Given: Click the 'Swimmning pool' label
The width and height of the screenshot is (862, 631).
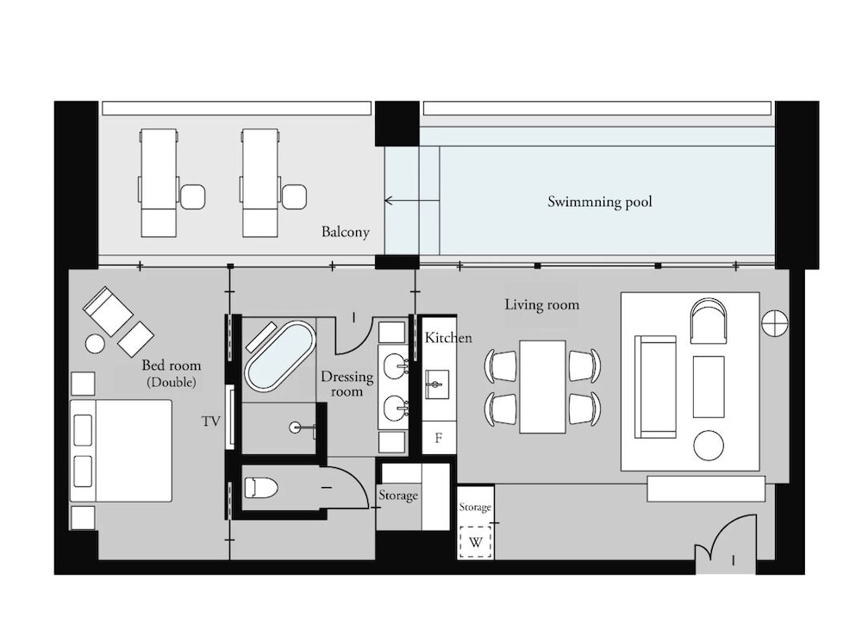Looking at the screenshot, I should point(600,202).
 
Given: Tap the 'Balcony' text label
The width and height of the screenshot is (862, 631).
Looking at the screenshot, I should point(346,232).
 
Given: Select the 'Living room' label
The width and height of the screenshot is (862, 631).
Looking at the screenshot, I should point(541,304).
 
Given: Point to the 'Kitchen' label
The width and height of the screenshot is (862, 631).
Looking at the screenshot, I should point(448,338).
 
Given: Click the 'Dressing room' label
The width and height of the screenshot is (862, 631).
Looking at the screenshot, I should point(347,384).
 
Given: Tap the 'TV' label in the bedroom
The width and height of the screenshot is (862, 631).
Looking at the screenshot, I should point(210,422).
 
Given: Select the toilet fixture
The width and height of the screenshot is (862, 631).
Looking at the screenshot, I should point(260,489).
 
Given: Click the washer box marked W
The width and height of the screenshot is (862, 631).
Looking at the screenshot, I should point(475,543).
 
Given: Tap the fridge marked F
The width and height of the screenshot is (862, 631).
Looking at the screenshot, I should point(439,438).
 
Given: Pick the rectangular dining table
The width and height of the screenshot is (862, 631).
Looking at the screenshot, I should point(542,386).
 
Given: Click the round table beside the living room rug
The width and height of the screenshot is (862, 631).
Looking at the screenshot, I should point(709,446).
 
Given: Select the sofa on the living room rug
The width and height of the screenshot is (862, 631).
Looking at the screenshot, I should point(655,386).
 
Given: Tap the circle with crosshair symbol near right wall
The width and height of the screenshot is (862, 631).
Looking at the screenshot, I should point(774,322).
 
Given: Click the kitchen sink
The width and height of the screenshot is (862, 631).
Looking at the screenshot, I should point(437,380).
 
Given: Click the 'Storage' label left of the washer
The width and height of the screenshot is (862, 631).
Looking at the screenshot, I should point(398,496).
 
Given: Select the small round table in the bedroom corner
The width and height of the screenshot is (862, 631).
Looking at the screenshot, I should point(95,343).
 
